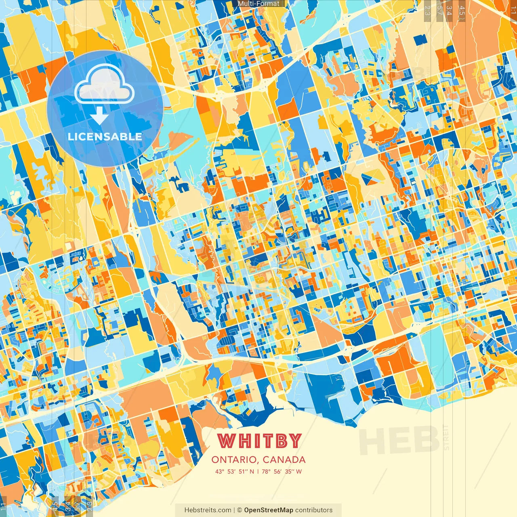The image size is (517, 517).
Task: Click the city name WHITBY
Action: (259, 441)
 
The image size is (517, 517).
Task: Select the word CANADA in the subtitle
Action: (284, 460)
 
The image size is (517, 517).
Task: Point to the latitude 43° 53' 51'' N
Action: (235, 471)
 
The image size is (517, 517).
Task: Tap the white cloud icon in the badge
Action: (104, 85)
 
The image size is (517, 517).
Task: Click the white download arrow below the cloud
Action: (99, 116)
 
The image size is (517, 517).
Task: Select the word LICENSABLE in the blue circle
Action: (105, 137)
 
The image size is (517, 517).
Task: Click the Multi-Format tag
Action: (258, 4)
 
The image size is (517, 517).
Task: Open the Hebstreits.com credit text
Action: (208, 510)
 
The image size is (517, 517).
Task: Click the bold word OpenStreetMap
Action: (268, 510)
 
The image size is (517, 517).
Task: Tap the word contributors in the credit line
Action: (314, 510)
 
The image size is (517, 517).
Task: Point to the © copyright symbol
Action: (240, 510)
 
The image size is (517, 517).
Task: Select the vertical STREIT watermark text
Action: (446, 437)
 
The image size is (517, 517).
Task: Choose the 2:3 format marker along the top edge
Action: (427, 12)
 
